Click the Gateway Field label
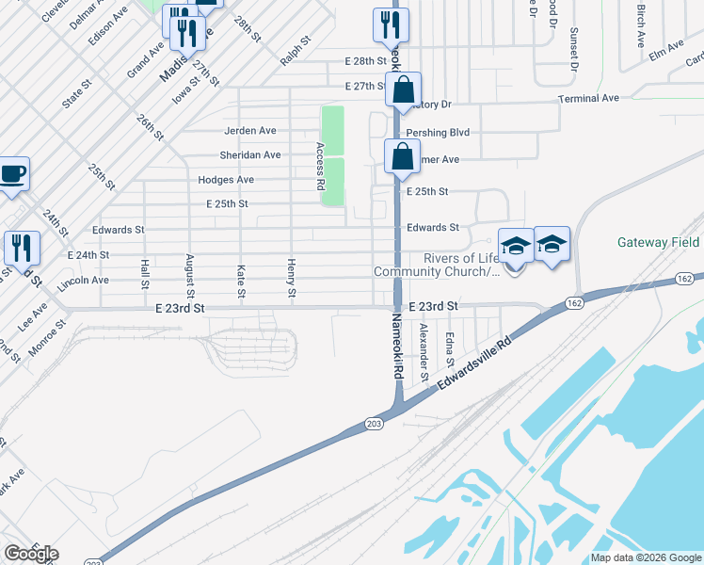pos(659,242)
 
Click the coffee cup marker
pos(13,174)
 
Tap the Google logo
pos(31,553)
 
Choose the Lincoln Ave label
pos(83,281)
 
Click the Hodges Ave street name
pos(226,180)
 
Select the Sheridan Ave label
pos(249,155)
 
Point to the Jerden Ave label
pos(249,131)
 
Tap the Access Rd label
pos(320,166)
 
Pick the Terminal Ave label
pos(588,98)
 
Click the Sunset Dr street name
pos(573,49)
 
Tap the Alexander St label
pos(424,351)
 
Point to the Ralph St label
pos(295,52)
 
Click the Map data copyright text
pos(645,557)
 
